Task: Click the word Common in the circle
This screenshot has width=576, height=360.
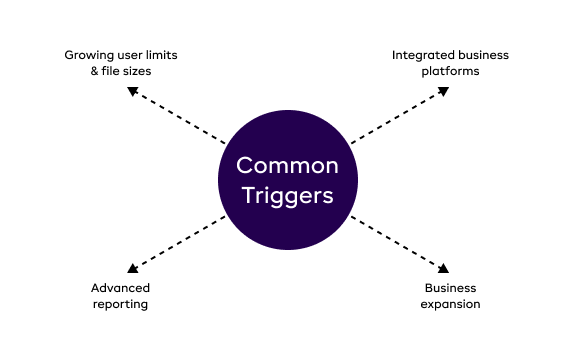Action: pyautogui.click(x=288, y=166)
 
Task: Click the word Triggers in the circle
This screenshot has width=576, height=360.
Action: pyautogui.click(x=288, y=196)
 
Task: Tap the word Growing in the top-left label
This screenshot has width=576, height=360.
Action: pyautogui.click(x=88, y=54)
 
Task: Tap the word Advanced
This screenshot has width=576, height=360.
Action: pyautogui.click(x=119, y=287)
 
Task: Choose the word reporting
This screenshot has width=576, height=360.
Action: pyautogui.click(x=119, y=304)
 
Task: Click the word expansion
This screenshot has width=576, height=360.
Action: pyautogui.click(x=450, y=304)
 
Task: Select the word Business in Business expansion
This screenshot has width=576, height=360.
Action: pyautogui.click(x=450, y=287)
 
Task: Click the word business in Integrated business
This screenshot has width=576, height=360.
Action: pyautogui.click(x=484, y=54)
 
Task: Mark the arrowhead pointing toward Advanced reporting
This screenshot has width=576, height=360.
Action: pyautogui.click(x=132, y=267)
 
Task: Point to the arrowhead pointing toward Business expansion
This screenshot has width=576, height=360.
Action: pyautogui.click(x=443, y=267)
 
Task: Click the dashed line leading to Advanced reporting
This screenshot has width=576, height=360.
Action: pyautogui.click(x=180, y=241)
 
